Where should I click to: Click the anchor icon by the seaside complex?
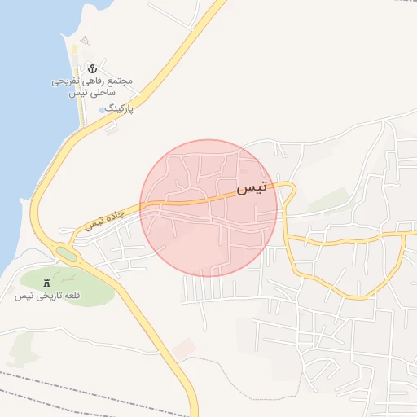point(92,68)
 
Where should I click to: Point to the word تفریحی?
point(65,81)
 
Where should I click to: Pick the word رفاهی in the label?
point(91,81)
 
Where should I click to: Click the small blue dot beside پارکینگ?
point(102,108)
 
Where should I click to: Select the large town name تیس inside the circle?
point(252,188)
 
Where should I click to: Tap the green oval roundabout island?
point(67,255)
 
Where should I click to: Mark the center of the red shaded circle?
point(208,208)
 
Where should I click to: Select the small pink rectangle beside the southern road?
point(184,346)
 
